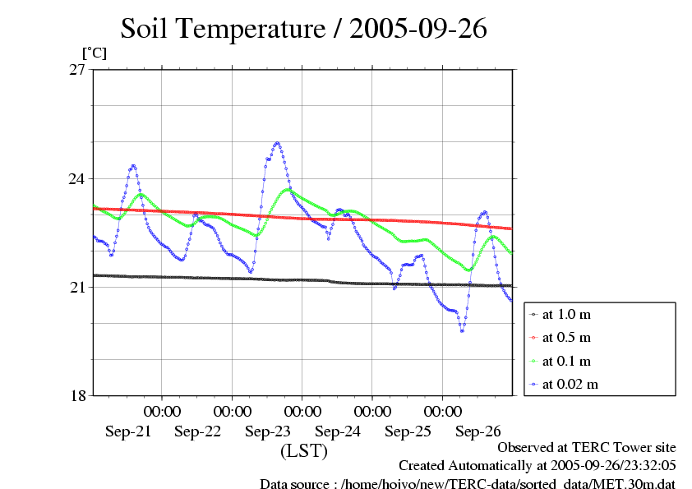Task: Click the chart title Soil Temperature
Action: (x=304, y=30)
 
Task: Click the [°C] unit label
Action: (x=94, y=53)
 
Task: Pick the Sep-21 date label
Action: (x=128, y=431)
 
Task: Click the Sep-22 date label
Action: (x=198, y=431)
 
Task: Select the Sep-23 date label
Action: (x=268, y=431)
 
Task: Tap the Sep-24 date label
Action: (x=338, y=431)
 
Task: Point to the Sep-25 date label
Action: (x=408, y=431)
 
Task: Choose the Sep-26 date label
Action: (x=477, y=431)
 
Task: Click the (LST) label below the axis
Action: (x=304, y=451)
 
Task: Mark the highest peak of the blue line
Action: (x=277, y=143)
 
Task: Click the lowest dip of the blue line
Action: (x=463, y=330)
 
